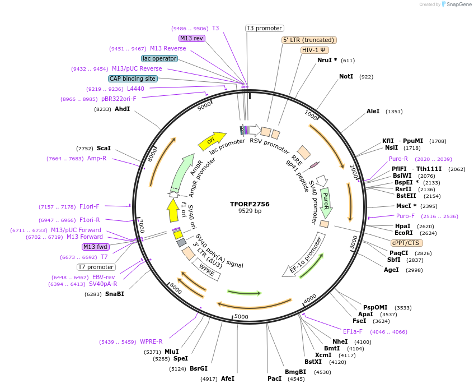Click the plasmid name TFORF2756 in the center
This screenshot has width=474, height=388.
pyautogui.click(x=250, y=204)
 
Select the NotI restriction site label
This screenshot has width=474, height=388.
pyautogui.click(x=346, y=76)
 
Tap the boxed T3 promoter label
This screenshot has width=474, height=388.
pyautogui.click(x=265, y=28)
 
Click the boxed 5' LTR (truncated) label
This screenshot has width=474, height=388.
pyautogui.click(x=308, y=40)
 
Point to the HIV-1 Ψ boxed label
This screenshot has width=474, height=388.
pyautogui.click(x=315, y=50)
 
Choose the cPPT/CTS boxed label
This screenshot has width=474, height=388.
pyautogui.click(x=407, y=243)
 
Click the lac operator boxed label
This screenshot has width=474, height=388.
pyautogui.click(x=159, y=58)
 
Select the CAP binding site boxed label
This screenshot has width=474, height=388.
pyautogui.click(x=133, y=79)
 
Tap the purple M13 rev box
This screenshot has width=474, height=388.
pyautogui.click(x=192, y=38)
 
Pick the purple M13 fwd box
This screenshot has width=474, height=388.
pyautogui.click(x=96, y=247)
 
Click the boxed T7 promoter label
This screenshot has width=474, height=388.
pyautogui.click(x=96, y=267)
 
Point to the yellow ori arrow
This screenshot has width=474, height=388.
pyautogui.click(x=212, y=140)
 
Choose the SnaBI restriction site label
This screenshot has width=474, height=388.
pyautogui.click(x=115, y=294)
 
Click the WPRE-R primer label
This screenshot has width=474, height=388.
pyautogui.click(x=151, y=341)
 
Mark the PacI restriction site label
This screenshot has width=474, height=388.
pyautogui.click(x=274, y=378)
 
